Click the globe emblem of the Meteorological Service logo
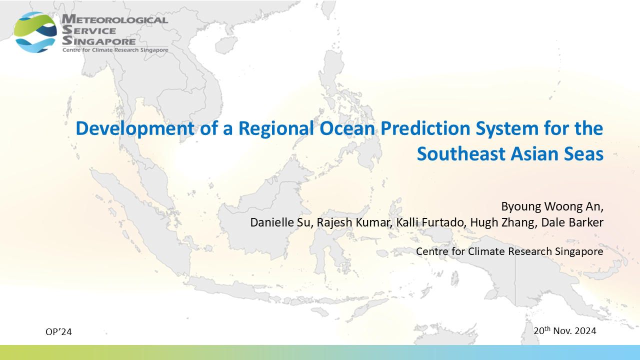[35, 32]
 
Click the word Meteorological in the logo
[115, 19]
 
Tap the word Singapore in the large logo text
[99, 41]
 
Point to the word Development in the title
[135, 128]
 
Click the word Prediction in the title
[425, 128]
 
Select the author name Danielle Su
[280, 222]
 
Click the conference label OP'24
[58, 331]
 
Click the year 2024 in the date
[585, 331]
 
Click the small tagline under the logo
[115, 50]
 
